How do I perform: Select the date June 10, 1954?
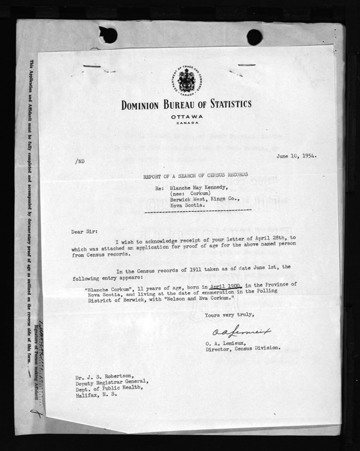coord(296,156)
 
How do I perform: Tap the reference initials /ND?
coord(80,161)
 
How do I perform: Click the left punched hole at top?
coord(109,35)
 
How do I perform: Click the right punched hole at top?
coord(254,37)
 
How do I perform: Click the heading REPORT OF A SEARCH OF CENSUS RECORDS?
coord(192,175)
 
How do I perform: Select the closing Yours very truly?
coord(229,315)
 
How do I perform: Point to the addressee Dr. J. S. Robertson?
coord(103,376)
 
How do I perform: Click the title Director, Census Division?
coord(243,347)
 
